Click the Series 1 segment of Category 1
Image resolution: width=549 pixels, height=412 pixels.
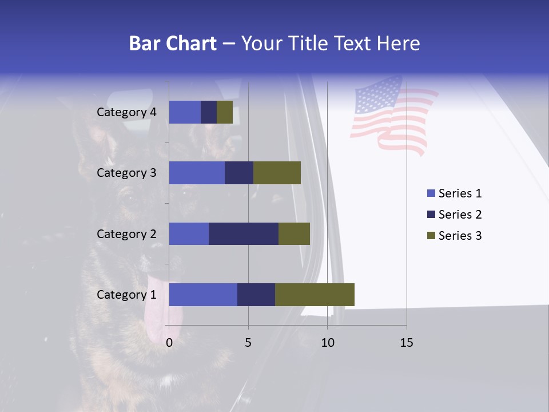[203, 294]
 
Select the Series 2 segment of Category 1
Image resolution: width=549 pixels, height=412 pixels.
[256, 294]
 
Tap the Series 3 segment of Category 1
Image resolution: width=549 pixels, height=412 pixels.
[315, 294]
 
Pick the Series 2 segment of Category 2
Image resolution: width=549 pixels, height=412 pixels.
[244, 233]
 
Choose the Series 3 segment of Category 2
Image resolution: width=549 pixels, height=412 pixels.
[294, 233]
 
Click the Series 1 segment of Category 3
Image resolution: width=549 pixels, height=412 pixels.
[197, 173]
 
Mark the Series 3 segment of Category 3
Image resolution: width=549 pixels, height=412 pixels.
[277, 173]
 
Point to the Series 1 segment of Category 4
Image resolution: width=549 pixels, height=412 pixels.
[185, 112]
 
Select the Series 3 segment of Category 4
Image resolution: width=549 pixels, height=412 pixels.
[225, 112]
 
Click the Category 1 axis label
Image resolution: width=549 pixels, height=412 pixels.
[126, 295]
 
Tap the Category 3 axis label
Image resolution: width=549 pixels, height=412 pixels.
[126, 173]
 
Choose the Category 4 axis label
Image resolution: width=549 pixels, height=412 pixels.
[126, 112]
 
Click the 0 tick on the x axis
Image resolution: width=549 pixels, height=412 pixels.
[169, 343]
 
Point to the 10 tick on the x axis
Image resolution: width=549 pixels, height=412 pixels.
[327, 343]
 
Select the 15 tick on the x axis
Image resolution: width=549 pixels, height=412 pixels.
[407, 343]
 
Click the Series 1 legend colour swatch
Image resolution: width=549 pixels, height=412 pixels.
[431, 193]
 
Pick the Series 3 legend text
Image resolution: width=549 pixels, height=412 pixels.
[460, 236]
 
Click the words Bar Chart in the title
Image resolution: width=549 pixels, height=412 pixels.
[172, 43]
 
